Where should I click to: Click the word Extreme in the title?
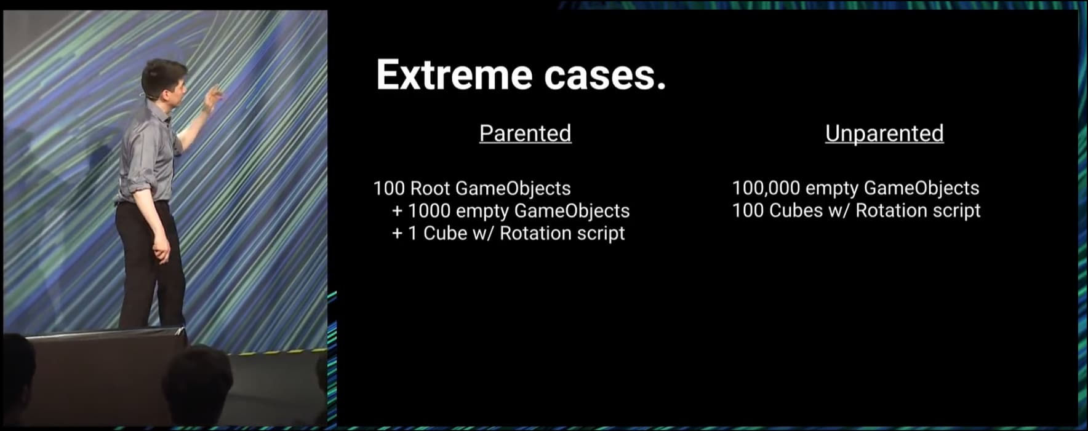pyautogui.click(x=454, y=75)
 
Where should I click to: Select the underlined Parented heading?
pyautogui.click(x=526, y=133)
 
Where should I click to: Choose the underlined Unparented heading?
pyautogui.click(x=884, y=133)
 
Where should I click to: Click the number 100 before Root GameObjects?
pyautogui.click(x=389, y=188)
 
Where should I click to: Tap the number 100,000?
pyautogui.click(x=766, y=188)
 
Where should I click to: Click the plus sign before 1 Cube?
pyautogui.click(x=398, y=234)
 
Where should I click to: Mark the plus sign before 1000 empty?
pyautogui.click(x=398, y=212)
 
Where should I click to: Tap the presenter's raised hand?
pyautogui.click(x=213, y=98)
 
